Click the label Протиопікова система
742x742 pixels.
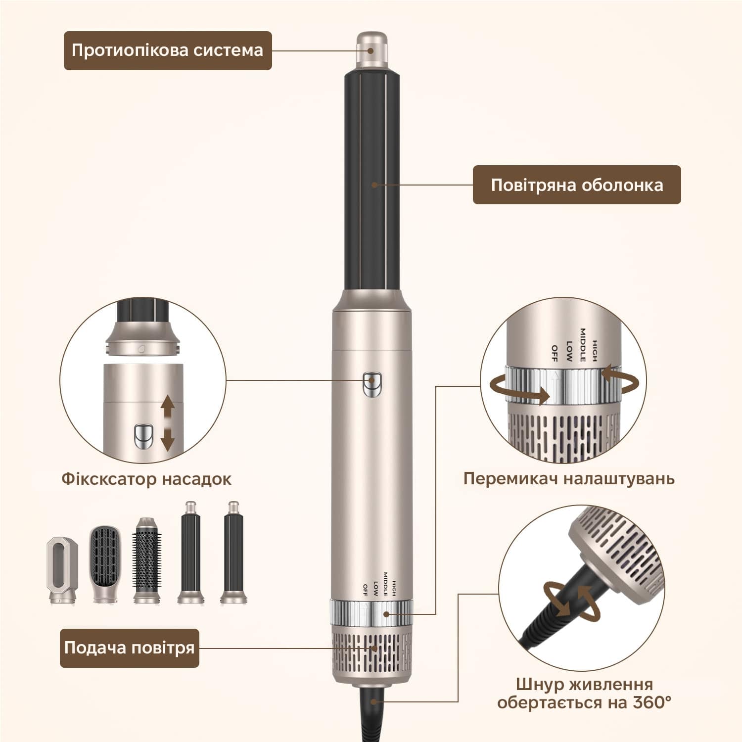pyautogui.click(x=167, y=50)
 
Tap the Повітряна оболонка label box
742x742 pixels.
pyautogui.click(x=577, y=185)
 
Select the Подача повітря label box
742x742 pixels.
pyautogui.click(x=130, y=648)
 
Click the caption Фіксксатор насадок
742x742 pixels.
pyautogui.click(x=146, y=479)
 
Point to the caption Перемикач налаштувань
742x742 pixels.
pyautogui.click(x=569, y=478)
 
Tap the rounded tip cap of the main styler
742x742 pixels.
pyautogui.click(x=372, y=50)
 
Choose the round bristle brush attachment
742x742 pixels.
pyautogui.click(x=146, y=560)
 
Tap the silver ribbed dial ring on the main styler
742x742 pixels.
pyautogui.click(x=372, y=614)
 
